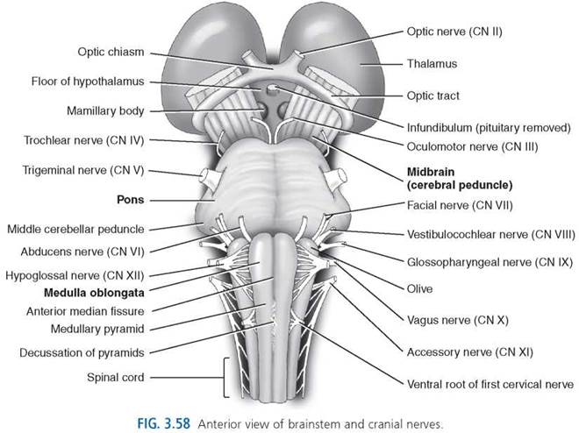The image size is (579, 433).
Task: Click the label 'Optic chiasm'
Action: pyautogui.click(x=111, y=52)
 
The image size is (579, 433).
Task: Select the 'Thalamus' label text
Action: pyautogui.click(x=432, y=64)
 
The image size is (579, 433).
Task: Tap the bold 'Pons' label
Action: pyautogui.click(x=131, y=200)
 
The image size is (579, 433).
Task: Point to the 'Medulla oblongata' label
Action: pyautogui.click(x=94, y=293)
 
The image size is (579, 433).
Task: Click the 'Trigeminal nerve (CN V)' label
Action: pyautogui.click(x=83, y=170)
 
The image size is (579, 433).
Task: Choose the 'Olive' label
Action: pyautogui.click(x=419, y=288)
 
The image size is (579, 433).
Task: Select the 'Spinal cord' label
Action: pyautogui.click(x=115, y=377)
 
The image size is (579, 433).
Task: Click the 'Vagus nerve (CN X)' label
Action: pyautogui.click(x=458, y=320)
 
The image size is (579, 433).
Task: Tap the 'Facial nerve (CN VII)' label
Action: pyautogui.click(x=460, y=205)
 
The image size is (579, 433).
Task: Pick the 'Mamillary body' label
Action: pyautogui.click(x=105, y=110)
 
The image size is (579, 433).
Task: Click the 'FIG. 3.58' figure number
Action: pyautogui.click(x=163, y=423)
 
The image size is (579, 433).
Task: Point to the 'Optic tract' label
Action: pyautogui.click(x=433, y=96)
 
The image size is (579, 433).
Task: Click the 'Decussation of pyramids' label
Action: pyautogui.click(x=82, y=353)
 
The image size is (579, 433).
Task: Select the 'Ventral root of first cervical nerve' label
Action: pyautogui.click(x=490, y=384)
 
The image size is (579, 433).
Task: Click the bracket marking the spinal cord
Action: pyautogui.click(x=225, y=377)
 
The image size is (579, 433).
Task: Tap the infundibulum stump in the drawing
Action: pyautogui.click(x=272, y=89)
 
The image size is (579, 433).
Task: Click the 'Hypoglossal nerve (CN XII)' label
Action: pyautogui.click(x=75, y=276)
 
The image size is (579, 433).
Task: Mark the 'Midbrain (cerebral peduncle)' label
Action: pyautogui.click(x=460, y=178)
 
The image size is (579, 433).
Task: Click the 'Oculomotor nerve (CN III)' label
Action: pyautogui.click(x=472, y=146)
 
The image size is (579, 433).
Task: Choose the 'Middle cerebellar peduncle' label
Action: pyautogui.click(x=75, y=230)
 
